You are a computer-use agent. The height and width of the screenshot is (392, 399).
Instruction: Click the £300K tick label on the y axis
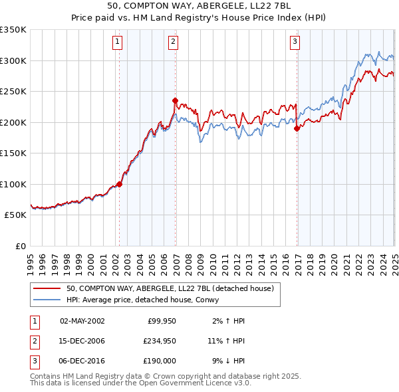click(x=13, y=60)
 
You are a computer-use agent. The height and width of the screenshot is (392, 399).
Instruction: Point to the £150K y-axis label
click(x=13, y=153)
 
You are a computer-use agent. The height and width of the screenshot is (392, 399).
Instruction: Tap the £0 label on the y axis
click(x=21, y=246)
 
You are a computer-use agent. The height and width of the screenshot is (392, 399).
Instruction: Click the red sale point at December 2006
click(x=175, y=101)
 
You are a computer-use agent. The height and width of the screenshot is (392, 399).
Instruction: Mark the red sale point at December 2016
click(x=297, y=129)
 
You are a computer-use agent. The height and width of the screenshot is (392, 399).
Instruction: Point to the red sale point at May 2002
click(x=120, y=184)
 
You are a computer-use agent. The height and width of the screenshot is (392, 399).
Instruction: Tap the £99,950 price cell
click(x=162, y=321)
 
